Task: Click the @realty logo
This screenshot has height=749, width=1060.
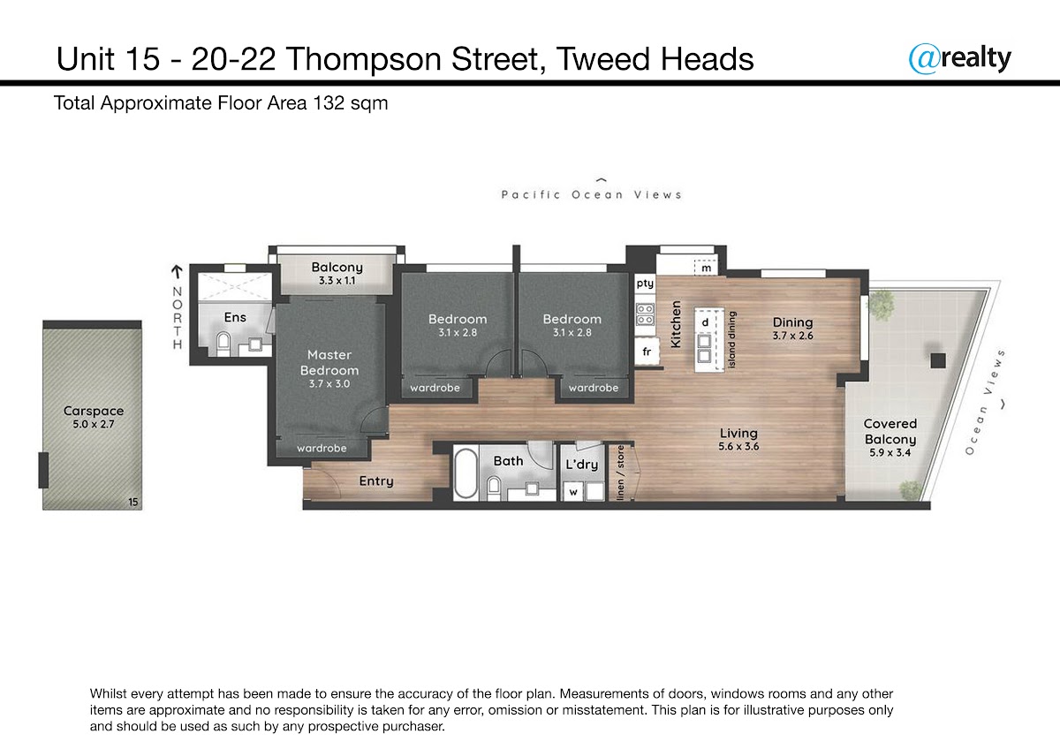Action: tap(959, 59)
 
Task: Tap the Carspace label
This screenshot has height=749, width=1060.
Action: tap(94, 411)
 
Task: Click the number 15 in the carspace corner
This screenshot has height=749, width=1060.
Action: tap(133, 502)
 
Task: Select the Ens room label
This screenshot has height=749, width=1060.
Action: tap(235, 317)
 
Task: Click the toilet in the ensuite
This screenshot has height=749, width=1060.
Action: tap(223, 343)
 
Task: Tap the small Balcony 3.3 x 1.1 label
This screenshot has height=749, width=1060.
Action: tap(337, 274)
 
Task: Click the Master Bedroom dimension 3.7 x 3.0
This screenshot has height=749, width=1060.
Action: tap(329, 383)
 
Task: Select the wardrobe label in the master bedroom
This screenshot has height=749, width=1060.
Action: tap(322, 448)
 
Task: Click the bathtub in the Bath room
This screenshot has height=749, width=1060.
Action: tap(466, 473)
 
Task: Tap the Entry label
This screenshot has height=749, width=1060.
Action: tap(376, 481)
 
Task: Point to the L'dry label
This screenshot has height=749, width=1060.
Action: tap(582, 465)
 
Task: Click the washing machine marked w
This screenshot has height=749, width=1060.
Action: tap(573, 492)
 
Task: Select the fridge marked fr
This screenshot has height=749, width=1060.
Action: tap(647, 352)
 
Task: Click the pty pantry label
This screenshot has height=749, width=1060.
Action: tap(645, 284)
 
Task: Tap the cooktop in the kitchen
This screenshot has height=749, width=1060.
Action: tap(645, 314)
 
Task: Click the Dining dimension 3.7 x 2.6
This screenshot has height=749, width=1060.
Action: tap(793, 336)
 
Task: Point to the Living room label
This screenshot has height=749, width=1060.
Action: tap(738, 433)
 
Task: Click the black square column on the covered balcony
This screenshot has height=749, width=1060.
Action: tap(938, 361)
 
